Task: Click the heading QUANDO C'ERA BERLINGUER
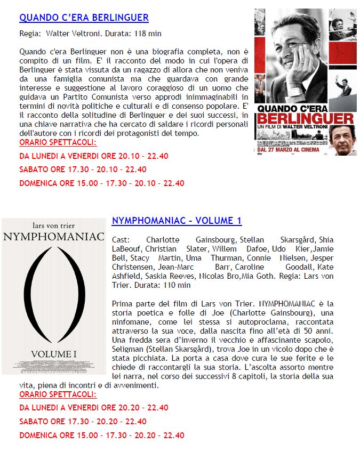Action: tap(84, 18)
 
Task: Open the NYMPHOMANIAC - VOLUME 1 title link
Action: tap(177, 221)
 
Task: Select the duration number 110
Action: tap(168, 285)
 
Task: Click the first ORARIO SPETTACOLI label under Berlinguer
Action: tap(58, 142)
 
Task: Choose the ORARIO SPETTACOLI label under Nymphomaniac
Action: tap(58, 394)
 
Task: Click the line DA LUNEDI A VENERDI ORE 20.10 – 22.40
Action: tap(94, 156)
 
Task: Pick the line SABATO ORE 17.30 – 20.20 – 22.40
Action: tap(83, 421)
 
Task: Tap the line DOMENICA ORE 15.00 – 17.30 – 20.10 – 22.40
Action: tap(102, 183)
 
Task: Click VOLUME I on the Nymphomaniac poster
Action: tap(54, 353)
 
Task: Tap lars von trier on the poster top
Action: tap(53, 225)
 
